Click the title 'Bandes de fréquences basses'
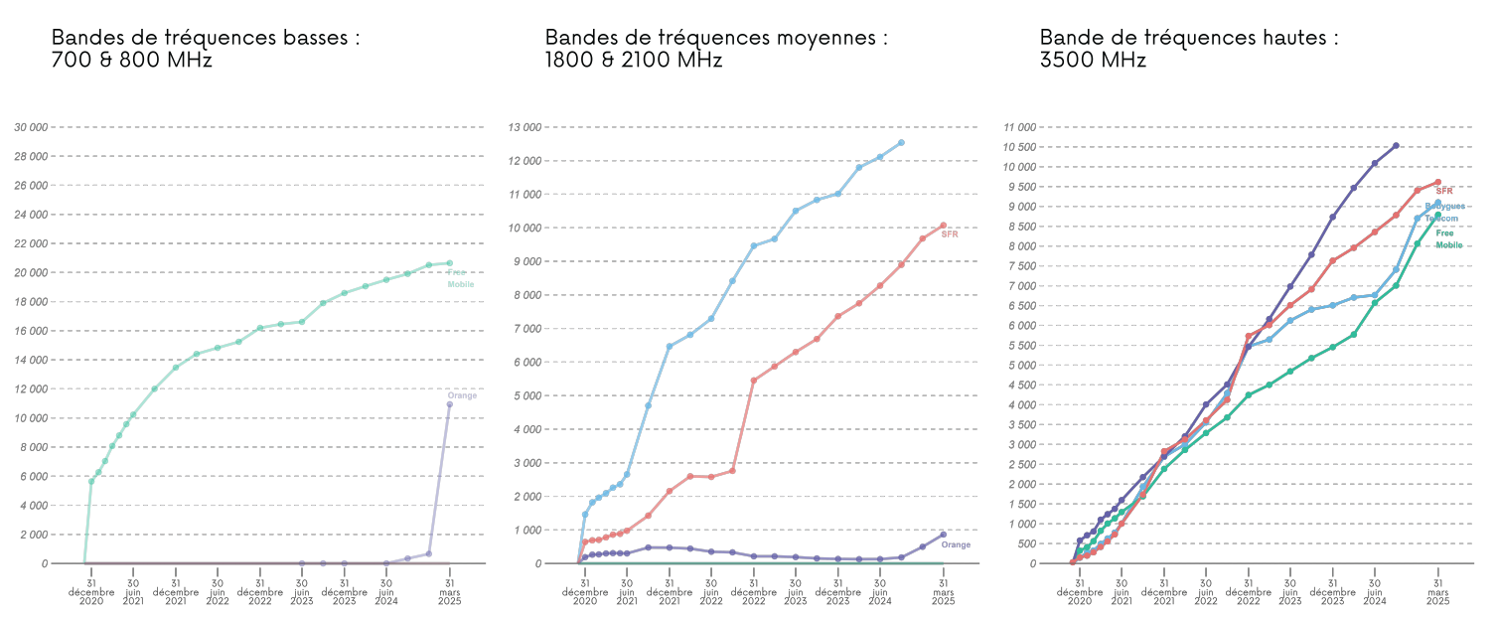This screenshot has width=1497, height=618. (x=205, y=48)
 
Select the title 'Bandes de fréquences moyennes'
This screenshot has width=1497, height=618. (x=715, y=48)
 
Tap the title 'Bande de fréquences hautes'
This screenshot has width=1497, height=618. (x=1188, y=48)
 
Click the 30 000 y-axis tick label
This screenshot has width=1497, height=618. (x=32, y=127)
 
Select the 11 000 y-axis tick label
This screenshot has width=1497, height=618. (x=1020, y=127)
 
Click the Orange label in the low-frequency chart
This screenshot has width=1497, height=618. (x=462, y=395)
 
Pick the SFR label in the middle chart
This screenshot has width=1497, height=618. (x=950, y=234)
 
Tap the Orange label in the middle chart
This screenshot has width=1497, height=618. (x=956, y=544)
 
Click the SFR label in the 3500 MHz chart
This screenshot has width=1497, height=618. (x=1443, y=191)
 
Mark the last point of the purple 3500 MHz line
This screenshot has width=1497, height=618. (x=1396, y=146)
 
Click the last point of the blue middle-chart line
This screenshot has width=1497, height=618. (x=901, y=142)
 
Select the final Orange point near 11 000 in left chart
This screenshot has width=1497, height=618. (x=449, y=404)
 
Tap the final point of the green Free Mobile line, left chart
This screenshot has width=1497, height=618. (x=449, y=263)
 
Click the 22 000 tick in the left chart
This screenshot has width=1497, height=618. (x=32, y=243)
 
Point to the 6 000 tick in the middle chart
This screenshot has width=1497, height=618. (x=528, y=363)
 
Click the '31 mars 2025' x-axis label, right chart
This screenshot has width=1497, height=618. (x=1437, y=592)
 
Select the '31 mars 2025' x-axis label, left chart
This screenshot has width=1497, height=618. (x=449, y=592)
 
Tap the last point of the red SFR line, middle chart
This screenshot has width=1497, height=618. (x=943, y=226)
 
